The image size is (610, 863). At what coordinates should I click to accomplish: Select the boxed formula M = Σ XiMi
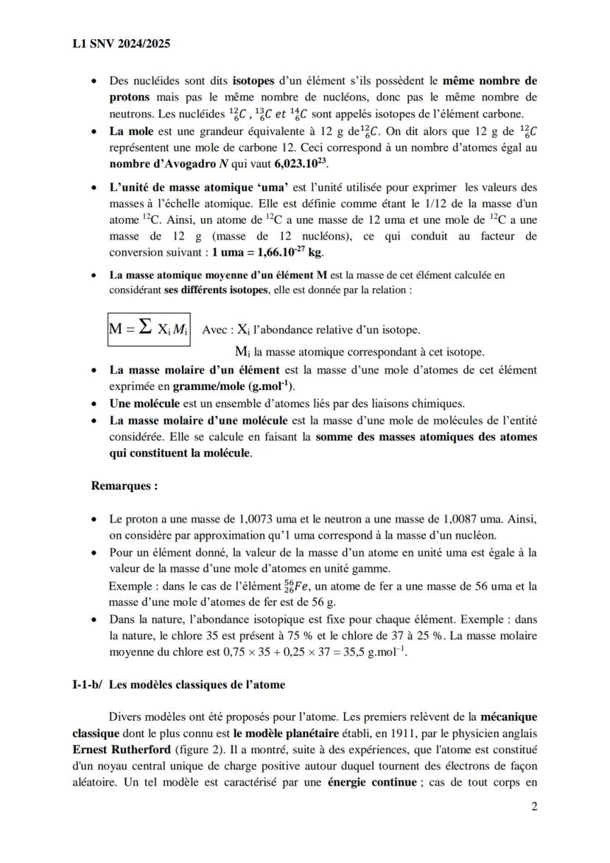pos(148,329)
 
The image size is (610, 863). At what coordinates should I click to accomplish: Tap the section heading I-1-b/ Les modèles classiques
pos(174,685)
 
